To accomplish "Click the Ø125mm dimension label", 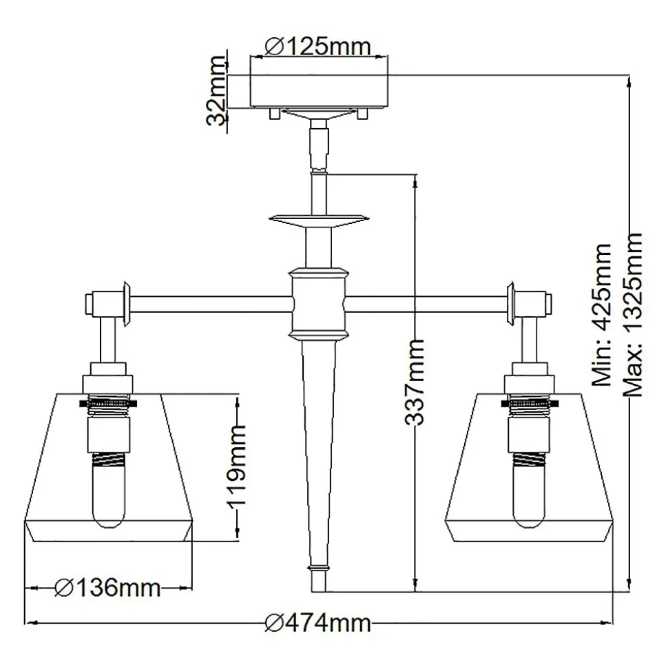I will click(318, 46).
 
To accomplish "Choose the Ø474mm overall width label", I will click(318, 624).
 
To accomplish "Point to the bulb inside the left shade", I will click(108, 496).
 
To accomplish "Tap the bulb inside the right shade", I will click(529, 496).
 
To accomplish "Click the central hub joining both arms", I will click(318, 303).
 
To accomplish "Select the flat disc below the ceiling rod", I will click(318, 220).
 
